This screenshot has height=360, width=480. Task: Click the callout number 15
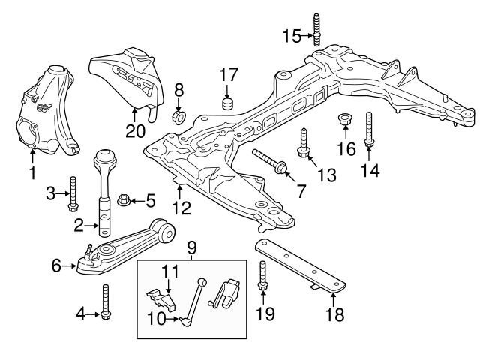[x=292, y=35]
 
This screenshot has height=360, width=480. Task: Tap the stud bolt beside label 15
[x=316, y=30]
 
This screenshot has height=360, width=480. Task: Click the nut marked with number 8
[x=179, y=118]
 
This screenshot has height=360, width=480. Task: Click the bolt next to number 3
[x=73, y=193]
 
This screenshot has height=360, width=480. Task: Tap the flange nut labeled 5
[x=124, y=199]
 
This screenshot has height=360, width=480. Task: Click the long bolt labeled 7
[x=271, y=163]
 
